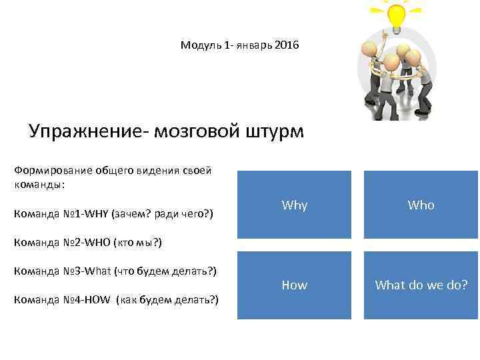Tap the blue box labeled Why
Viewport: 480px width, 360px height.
pos(295,205)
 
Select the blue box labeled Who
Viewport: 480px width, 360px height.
pos(421,205)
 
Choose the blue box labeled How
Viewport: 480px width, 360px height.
pos(295,285)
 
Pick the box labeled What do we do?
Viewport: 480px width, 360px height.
pos(421,285)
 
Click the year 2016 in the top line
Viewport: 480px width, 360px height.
pos(287,45)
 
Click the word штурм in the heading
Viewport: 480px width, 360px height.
pos(275,131)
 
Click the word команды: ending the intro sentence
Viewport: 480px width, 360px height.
pos(39,184)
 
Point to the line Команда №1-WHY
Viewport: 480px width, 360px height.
pos(113,214)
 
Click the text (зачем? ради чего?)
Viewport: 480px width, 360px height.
pos(163,214)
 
